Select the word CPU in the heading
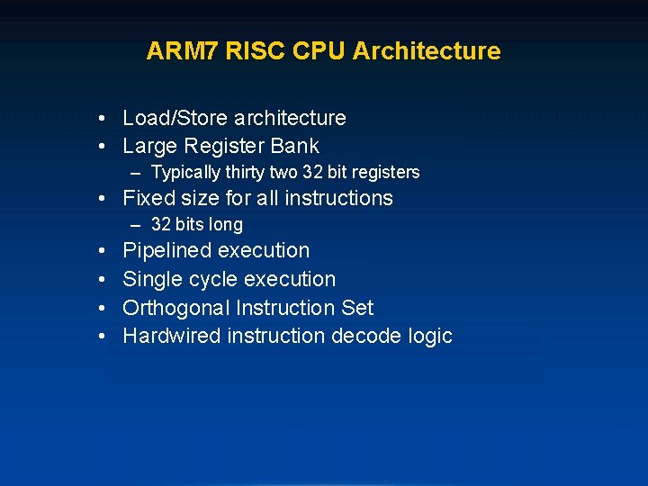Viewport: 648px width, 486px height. point(319,51)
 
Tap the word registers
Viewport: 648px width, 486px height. point(384,172)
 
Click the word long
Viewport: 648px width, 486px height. point(226,224)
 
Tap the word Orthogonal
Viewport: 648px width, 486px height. point(176,308)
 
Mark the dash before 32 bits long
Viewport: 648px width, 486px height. point(135,224)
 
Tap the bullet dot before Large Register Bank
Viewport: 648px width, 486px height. point(104,147)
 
